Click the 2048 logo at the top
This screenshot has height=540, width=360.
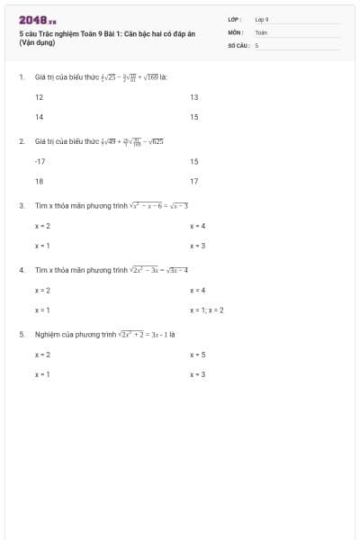37,19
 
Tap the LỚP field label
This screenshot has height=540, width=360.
234,18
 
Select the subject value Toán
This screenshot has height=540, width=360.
261,31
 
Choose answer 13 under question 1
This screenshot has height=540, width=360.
194,96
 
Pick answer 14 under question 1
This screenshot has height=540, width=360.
39,117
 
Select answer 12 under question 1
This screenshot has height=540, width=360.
39,96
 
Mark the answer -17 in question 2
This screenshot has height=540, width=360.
40,161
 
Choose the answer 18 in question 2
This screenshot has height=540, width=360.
39,181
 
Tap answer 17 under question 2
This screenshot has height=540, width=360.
194,181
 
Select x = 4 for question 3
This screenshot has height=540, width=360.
198,226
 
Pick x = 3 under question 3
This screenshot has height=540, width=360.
198,246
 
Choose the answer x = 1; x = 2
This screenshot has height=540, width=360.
207,310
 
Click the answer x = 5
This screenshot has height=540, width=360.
198,355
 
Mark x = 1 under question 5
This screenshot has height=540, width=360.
42,373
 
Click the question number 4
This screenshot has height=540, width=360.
21,270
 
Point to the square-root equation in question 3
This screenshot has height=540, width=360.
158,206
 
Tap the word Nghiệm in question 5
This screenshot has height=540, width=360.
47,334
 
